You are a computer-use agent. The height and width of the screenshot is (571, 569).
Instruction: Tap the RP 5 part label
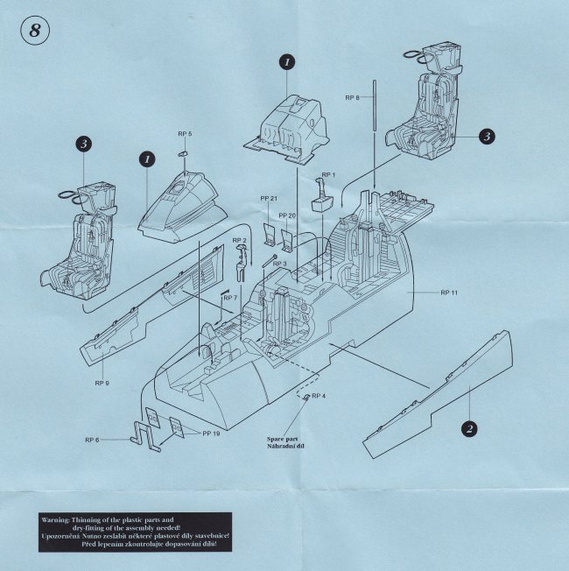click(184, 134)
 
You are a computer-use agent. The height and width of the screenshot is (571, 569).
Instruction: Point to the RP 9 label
click(102, 384)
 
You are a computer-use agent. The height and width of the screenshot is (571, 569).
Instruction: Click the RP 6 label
click(92, 439)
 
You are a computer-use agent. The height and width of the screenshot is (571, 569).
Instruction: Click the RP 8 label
click(351, 97)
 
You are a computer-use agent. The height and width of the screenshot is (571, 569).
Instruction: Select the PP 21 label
click(269, 199)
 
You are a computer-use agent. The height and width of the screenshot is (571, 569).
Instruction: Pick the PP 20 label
click(287, 215)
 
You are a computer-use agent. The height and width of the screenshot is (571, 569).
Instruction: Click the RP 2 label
click(239, 241)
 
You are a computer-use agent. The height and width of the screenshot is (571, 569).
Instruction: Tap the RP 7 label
click(230, 299)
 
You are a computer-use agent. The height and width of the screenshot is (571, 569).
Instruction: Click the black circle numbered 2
click(469, 428)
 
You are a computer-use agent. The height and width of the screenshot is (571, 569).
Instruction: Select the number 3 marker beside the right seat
click(486, 136)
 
